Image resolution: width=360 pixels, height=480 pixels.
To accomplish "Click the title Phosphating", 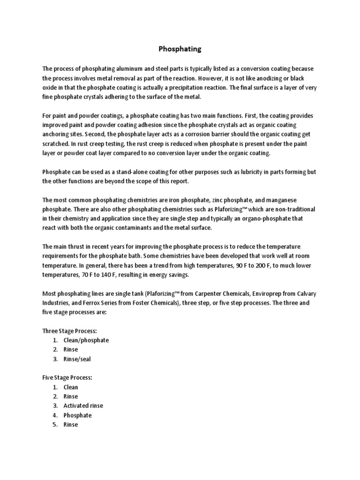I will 180,48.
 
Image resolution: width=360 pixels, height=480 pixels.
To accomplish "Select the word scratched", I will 57,143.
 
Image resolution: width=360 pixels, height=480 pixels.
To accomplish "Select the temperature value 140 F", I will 123,275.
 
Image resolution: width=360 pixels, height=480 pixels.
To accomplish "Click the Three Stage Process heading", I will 69,331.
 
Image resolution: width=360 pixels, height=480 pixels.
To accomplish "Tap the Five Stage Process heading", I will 67,378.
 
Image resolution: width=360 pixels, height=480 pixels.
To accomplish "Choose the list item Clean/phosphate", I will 86,340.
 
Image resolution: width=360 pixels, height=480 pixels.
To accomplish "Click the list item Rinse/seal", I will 77,359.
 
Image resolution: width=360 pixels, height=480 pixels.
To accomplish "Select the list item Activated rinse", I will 83,406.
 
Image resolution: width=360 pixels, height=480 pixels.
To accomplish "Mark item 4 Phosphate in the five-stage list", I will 77,415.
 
